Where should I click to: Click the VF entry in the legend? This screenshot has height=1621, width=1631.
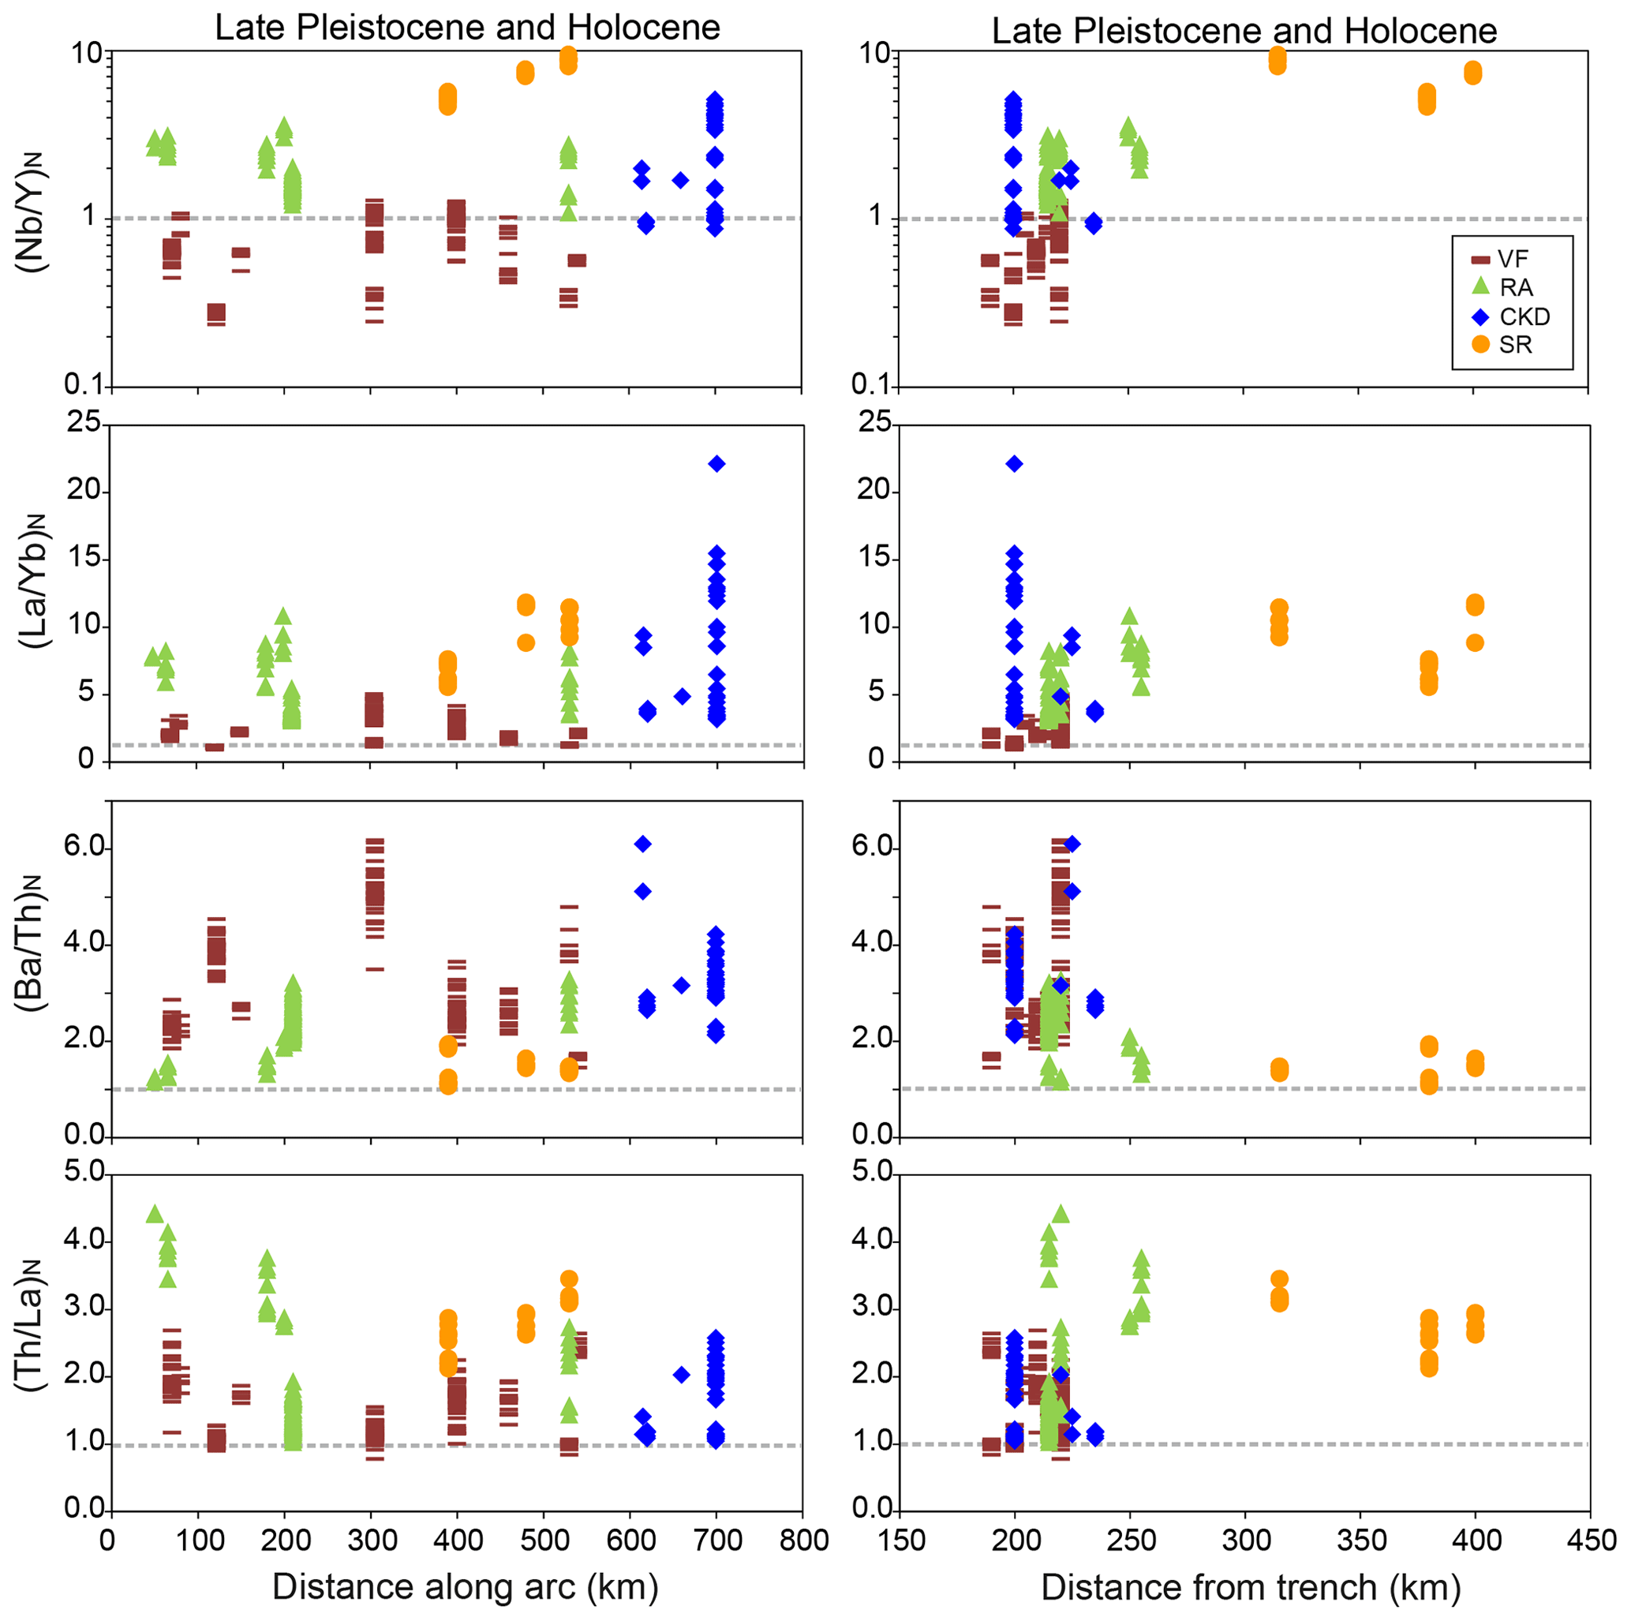[x=1512, y=259]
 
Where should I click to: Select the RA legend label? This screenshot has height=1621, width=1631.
[x=1515, y=288]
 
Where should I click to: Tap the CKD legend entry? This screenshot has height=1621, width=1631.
[x=1524, y=316]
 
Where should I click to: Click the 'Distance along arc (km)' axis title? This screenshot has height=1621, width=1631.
[x=466, y=1586]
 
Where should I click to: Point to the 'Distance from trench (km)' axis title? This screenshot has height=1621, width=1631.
[x=1250, y=1587]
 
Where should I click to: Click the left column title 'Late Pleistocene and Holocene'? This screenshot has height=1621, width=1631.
[x=467, y=28]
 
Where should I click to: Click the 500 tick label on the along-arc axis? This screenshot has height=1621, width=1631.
[x=544, y=1540]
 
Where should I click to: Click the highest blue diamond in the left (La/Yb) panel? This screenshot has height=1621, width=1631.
[x=716, y=463]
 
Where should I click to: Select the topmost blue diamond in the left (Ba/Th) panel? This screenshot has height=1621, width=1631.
[x=642, y=844]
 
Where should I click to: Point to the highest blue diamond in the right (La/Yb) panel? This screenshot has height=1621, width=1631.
[x=1015, y=463]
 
